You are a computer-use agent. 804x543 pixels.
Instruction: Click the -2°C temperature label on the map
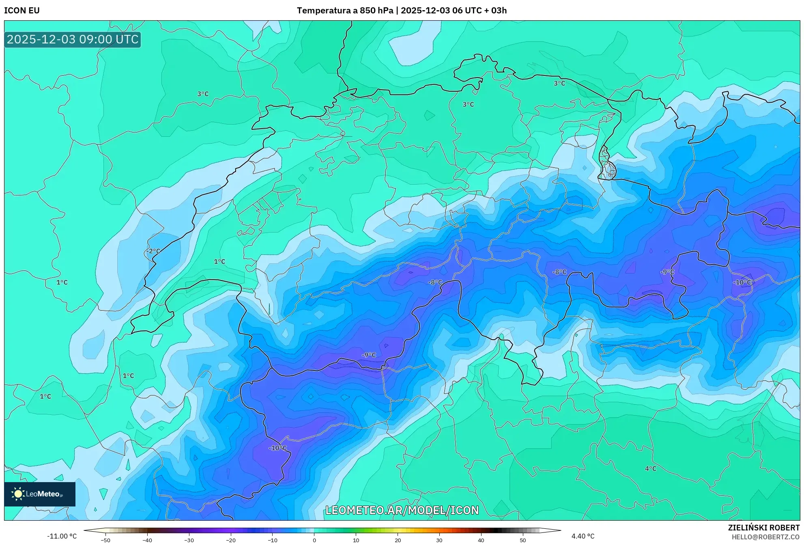click(x=153, y=251)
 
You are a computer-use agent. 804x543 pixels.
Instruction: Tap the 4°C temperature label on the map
click(x=650, y=469)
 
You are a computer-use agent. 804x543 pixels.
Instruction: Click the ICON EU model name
click(x=22, y=11)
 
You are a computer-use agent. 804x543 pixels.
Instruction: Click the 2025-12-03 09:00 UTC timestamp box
click(x=73, y=39)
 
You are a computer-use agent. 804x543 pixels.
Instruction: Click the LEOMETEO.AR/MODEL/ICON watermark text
click(x=402, y=510)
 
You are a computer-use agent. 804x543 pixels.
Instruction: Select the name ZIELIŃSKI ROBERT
click(x=764, y=528)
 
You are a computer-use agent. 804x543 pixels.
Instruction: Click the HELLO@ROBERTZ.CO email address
click(x=765, y=537)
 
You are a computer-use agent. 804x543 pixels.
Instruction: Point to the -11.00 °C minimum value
click(x=62, y=536)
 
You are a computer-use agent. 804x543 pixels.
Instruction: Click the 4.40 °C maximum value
click(x=583, y=536)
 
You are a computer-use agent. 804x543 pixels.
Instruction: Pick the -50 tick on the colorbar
click(x=105, y=540)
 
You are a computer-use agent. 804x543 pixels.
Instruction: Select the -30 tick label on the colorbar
click(x=189, y=540)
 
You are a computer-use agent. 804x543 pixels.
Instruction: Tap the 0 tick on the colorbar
click(x=314, y=540)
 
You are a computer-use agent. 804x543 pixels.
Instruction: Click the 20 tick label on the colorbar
click(x=398, y=540)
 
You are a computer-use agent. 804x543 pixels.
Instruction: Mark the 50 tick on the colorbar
click(x=522, y=540)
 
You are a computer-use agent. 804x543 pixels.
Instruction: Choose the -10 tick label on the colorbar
click(x=273, y=540)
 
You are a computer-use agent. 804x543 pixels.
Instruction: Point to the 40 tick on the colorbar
click(x=481, y=540)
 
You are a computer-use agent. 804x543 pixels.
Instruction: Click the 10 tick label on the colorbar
click(x=356, y=540)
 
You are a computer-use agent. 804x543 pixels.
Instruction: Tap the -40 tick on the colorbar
click(x=147, y=540)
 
